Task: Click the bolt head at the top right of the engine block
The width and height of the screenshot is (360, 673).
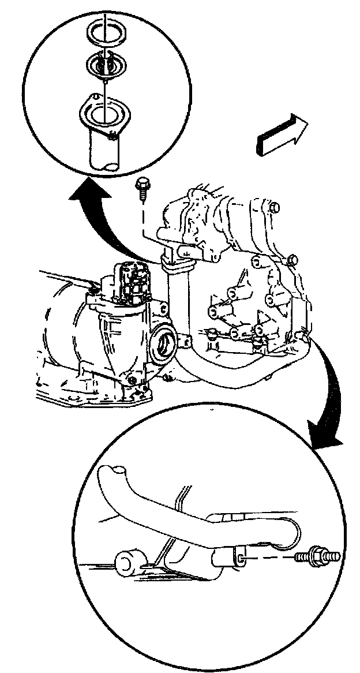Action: click(273, 205)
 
